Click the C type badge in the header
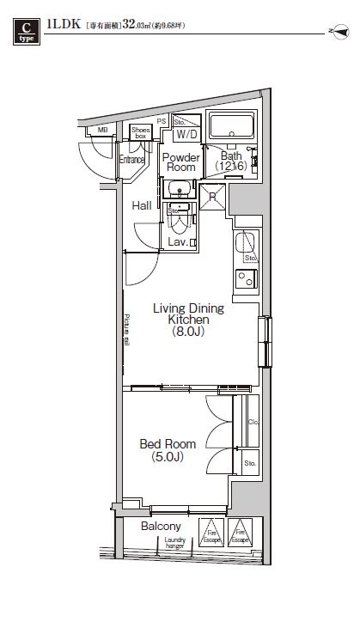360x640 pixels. point(24,33)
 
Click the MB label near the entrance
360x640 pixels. point(102,130)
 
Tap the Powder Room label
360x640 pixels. point(181,162)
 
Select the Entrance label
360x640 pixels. point(131,160)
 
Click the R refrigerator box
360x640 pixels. point(212,197)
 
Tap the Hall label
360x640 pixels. point(142,206)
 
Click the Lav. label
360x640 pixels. point(178,243)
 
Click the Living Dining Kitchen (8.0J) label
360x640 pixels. point(187,319)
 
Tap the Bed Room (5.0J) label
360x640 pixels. point(168,450)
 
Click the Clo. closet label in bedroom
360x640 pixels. point(253,423)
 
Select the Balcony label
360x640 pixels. point(161,526)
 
